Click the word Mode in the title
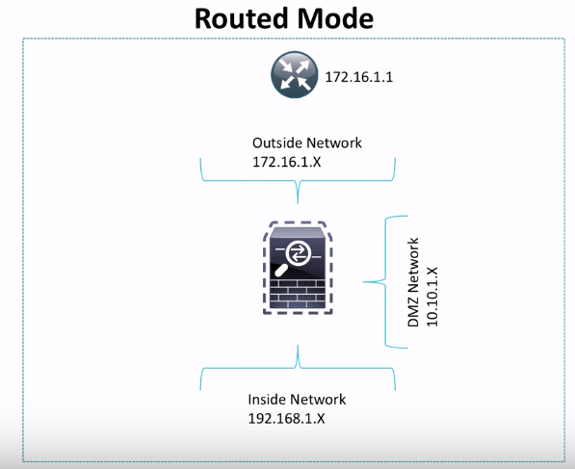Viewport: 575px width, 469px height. tap(336, 18)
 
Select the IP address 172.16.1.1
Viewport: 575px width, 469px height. tap(354, 76)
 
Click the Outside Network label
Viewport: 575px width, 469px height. tap(307, 143)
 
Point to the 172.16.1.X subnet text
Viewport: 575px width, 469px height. tap(287, 161)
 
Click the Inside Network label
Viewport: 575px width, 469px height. tap(297, 400)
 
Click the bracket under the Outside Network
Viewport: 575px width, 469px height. tap(298, 179)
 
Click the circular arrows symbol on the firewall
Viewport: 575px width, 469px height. tap(299, 251)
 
